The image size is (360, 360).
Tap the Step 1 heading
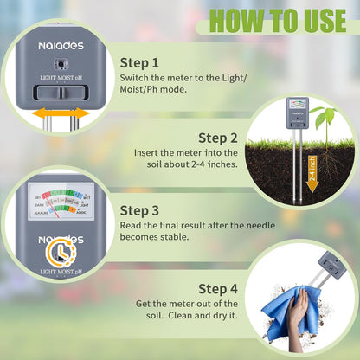click(x=140, y=62)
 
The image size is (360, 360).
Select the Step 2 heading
click(x=218, y=137)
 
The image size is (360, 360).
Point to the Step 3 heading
click(x=140, y=209)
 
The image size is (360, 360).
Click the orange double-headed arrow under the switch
click(x=61, y=112)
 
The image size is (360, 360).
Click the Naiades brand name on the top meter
click(x=61, y=44)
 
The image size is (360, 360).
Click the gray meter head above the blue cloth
click(x=332, y=262)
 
